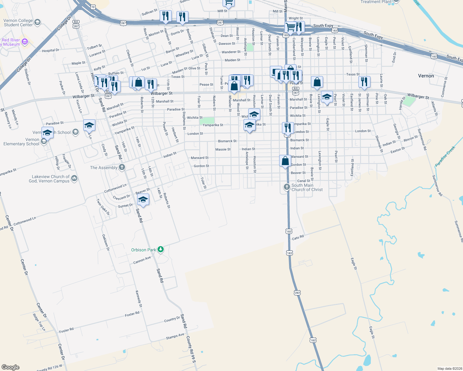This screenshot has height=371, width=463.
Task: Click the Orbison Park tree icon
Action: pos(160,249)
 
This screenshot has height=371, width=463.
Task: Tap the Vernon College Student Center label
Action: pos(18,23)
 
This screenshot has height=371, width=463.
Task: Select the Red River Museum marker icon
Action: pos(25,42)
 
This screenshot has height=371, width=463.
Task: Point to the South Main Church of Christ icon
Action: pos(287,187)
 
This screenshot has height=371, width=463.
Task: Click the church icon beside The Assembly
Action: pos(122,167)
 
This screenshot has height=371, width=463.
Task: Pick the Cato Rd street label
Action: pos(298,238)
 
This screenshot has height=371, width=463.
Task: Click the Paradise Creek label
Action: pos(445,156)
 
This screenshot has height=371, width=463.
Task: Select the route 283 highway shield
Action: pos(297,292)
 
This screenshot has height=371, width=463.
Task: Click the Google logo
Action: pos(10,367)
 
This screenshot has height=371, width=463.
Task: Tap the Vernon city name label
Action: pos(426,76)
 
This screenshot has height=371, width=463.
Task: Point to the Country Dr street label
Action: pos(172,319)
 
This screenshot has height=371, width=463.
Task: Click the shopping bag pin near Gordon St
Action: pos(285,161)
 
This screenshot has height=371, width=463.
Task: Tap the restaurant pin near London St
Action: pos(288,128)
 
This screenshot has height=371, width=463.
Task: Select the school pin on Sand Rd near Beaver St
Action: pos(143,199)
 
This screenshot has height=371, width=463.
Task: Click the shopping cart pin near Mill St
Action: pos(229,2)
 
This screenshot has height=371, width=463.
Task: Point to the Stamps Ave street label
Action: pos(175,336)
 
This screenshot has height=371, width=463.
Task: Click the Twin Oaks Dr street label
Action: pos(103,207)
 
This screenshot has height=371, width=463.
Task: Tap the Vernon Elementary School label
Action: pos(21,142)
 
